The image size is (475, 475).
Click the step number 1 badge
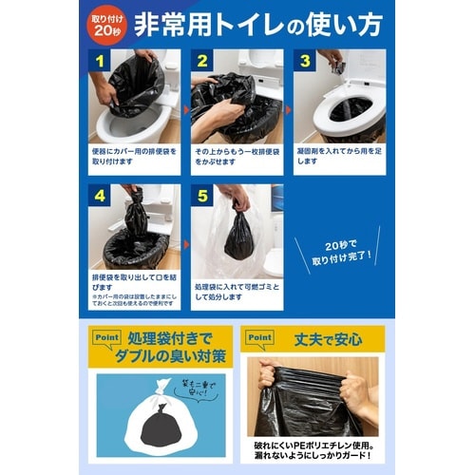point(99,61)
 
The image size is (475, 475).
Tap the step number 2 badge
point(201,61)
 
